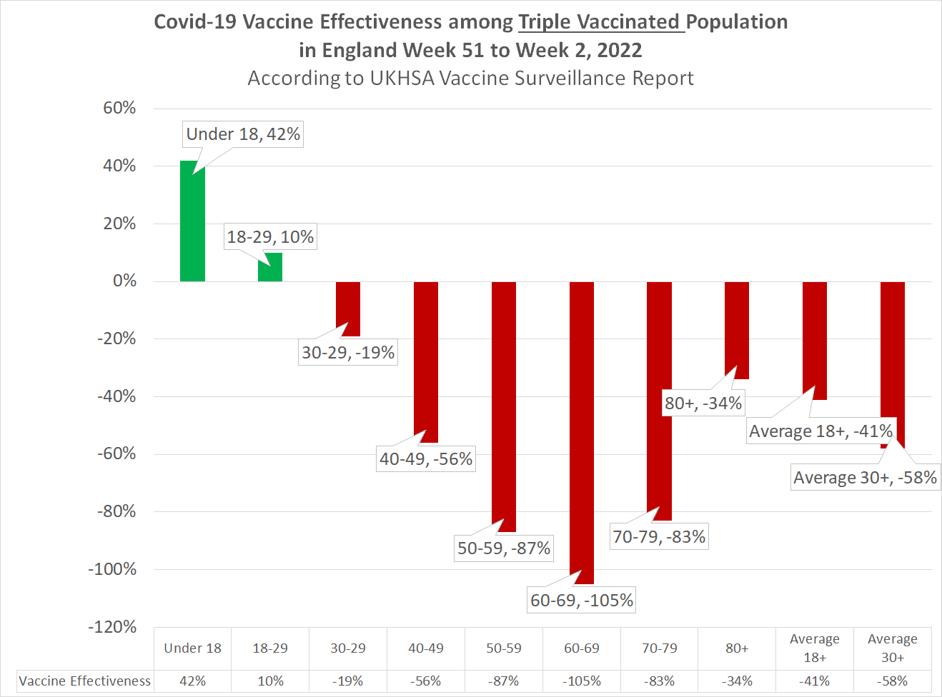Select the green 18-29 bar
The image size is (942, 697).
[x=270, y=268]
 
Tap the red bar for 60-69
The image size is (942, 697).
[x=582, y=428]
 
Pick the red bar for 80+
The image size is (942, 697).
[x=737, y=329]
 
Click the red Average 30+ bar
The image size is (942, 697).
[x=892, y=357]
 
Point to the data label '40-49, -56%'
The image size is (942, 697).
[x=426, y=459]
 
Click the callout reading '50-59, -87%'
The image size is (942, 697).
[x=504, y=548]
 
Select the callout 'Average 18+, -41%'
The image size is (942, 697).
[x=820, y=431]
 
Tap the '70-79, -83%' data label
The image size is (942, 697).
[x=659, y=537]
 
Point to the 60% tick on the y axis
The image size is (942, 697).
[x=119, y=108]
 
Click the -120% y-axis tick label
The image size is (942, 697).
[x=112, y=627]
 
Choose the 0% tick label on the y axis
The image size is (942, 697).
[x=124, y=281]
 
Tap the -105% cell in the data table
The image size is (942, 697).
[x=582, y=681]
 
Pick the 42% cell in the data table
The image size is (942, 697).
[x=192, y=681]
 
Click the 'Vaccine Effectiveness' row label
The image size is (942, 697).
[x=85, y=681]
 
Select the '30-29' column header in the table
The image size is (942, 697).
[x=348, y=648]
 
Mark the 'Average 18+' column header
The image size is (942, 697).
[x=815, y=648]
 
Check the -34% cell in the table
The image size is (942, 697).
[x=737, y=681]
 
